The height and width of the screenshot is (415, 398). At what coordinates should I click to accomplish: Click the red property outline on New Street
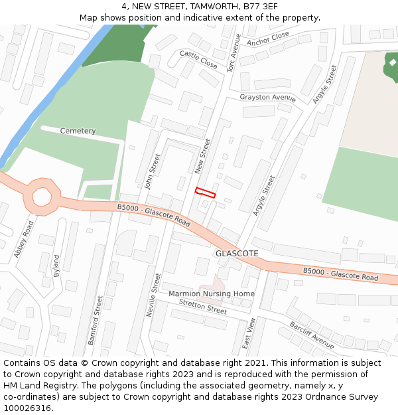(206, 193)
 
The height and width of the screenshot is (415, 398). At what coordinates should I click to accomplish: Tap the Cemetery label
(78, 131)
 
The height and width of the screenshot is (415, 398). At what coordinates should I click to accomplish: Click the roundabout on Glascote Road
(42, 197)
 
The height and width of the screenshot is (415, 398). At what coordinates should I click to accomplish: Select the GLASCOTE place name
(237, 254)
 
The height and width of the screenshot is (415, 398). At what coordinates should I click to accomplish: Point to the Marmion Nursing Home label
(212, 293)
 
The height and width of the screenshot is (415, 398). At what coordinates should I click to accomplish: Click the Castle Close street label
(198, 60)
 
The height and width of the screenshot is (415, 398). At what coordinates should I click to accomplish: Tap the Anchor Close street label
(268, 39)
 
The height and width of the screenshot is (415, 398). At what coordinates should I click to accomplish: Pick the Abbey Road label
(23, 240)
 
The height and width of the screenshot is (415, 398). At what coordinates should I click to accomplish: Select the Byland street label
(56, 266)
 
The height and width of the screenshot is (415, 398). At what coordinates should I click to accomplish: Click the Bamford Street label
(96, 320)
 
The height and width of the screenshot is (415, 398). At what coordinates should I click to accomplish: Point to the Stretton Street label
(203, 305)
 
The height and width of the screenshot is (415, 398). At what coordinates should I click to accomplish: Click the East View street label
(250, 333)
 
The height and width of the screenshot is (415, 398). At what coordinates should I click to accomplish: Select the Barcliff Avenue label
(312, 335)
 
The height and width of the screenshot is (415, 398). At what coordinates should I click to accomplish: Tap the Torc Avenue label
(234, 54)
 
